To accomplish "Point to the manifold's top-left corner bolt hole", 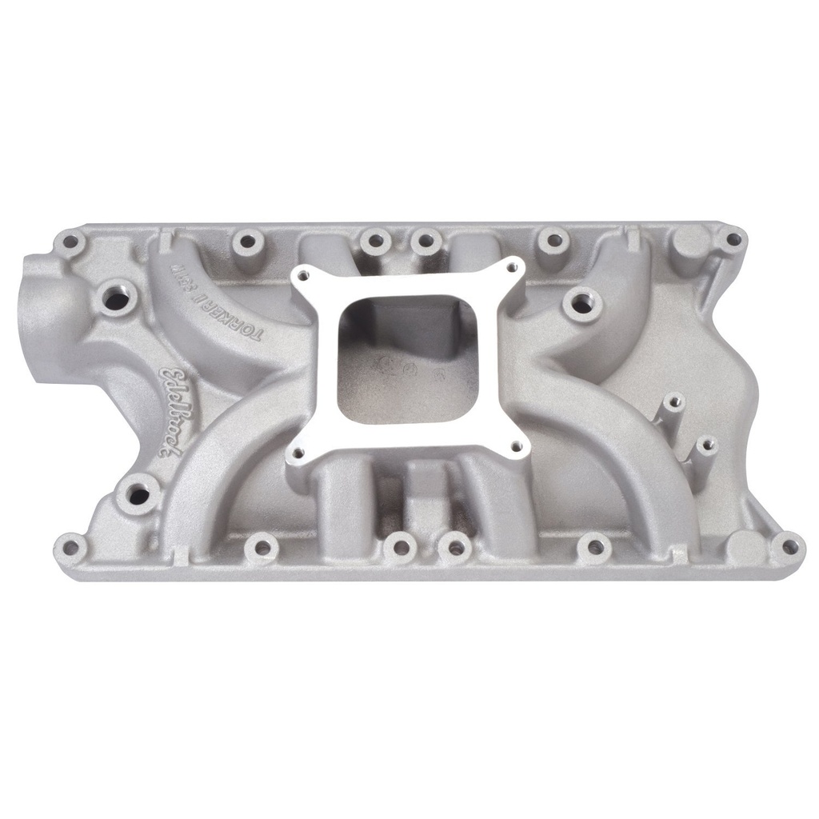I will point(71,241).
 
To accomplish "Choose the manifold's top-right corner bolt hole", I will point(732,238).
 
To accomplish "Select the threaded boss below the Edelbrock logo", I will point(138,494).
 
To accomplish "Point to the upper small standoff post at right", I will point(674,400).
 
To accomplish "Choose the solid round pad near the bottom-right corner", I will point(744,546).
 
